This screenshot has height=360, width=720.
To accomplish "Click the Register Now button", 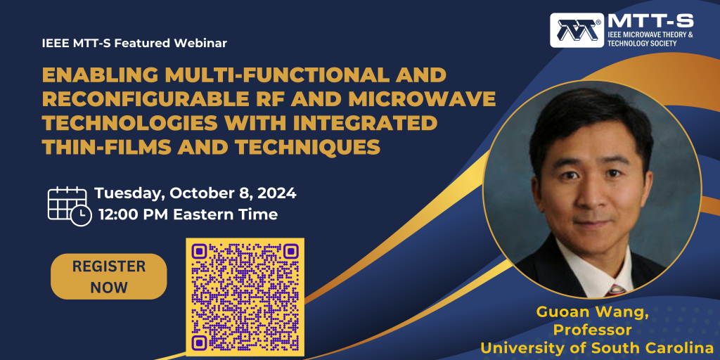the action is [109, 276].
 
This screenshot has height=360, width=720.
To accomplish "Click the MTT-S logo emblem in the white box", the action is [577, 30].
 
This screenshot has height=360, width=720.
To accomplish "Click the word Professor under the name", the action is [592, 330].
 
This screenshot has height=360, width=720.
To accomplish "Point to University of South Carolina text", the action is [595, 347].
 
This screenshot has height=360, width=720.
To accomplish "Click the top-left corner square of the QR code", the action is [199, 251].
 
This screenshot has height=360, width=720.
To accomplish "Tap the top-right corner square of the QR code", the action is [290, 251].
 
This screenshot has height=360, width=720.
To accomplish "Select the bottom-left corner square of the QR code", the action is [199, 342].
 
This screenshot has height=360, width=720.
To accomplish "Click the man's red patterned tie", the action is [616, 290].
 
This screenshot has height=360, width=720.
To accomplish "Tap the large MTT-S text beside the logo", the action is [650, 21].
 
